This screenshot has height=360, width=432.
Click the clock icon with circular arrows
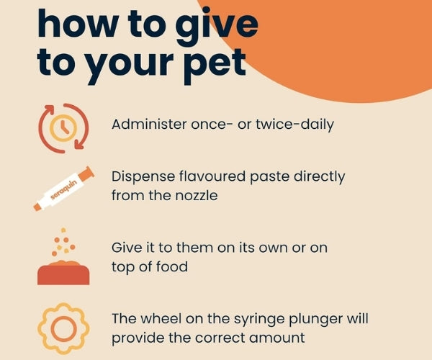63,128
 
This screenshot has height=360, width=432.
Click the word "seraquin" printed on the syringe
61,191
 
